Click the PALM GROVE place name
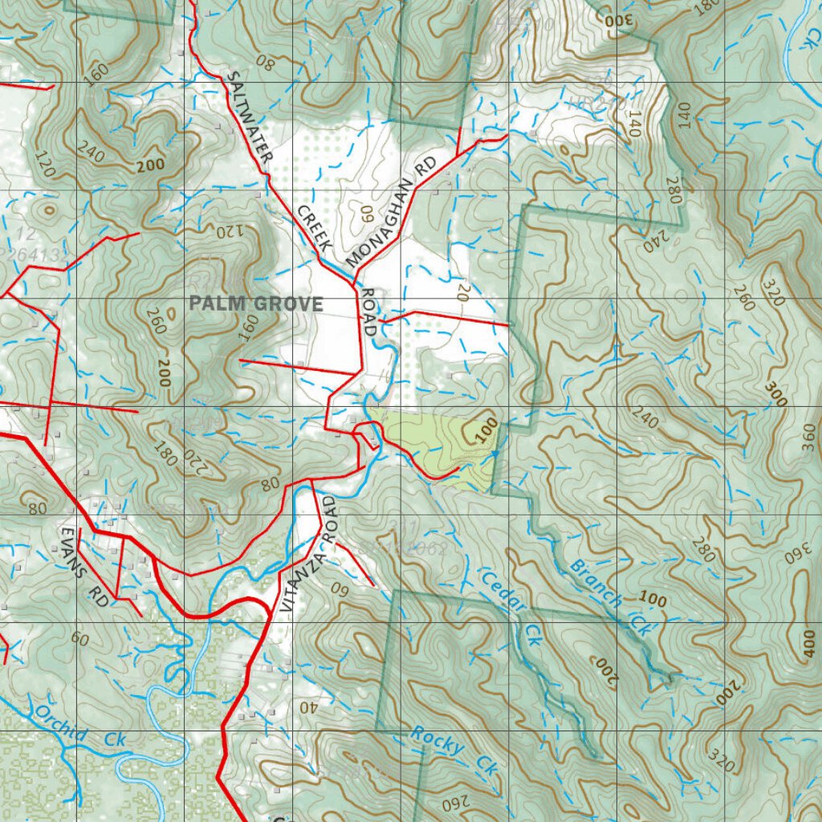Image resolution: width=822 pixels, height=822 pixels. (x=256, y=304)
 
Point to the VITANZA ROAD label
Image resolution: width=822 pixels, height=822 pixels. (x=308, y=555)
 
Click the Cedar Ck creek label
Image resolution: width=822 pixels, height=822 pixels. (x=510, y=607)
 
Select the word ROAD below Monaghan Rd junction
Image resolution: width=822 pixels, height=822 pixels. (x=370, y=312)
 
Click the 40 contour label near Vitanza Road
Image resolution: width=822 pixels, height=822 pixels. (x=308, y=708)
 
